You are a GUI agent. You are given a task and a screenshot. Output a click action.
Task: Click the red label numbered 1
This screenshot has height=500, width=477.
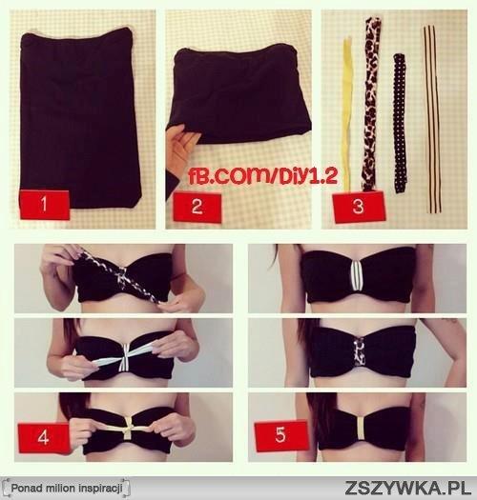pos(45,205)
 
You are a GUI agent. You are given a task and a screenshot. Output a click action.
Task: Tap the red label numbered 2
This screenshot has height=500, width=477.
pos(197,207)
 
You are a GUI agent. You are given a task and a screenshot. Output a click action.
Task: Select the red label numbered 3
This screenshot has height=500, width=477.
pos(359,207)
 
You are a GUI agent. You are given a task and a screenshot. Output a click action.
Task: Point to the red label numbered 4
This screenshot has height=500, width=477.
pos(44,437)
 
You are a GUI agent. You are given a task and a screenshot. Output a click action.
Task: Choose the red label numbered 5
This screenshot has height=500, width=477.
pos(281,435)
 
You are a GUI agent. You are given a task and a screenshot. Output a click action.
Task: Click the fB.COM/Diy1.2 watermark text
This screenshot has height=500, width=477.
pos(262,176)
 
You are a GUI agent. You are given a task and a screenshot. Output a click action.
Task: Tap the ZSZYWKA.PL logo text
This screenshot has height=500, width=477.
pos(407,488)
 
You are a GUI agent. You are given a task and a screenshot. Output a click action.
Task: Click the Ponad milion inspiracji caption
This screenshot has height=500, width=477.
pos(67,488)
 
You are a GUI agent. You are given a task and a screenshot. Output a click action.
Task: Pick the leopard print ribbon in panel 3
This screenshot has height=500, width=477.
pos(371,104)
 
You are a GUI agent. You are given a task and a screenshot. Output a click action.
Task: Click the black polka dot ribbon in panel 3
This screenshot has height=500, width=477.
pos(400,124)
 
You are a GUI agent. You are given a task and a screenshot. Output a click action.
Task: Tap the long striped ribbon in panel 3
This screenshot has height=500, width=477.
pos(433,120)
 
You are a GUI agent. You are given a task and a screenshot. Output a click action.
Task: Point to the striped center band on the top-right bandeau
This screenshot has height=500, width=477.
pos(358,276)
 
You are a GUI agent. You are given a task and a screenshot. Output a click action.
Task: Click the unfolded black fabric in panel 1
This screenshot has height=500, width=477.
pos(78,118)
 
